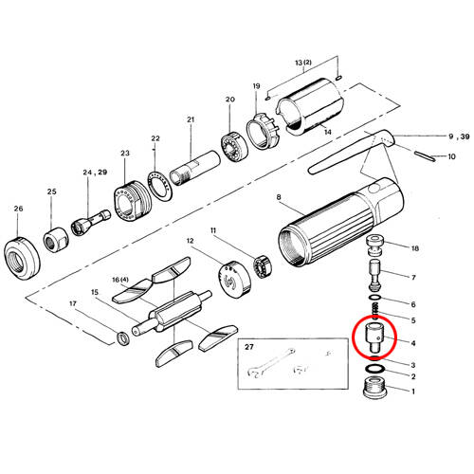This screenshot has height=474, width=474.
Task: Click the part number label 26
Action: pos(18,209)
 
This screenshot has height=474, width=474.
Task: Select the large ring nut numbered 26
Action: pos(22,258)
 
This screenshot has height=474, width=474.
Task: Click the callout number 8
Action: pos(279,197)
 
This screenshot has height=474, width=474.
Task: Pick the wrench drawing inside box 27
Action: pos(271,363)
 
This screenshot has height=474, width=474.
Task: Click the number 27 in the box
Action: pos(249,347)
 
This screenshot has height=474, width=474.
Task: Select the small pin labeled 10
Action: pos(425,156)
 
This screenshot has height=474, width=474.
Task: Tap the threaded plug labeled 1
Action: pos(374,388)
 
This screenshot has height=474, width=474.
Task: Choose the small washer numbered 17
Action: pos(122,338)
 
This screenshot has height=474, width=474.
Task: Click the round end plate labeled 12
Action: pos(234,280)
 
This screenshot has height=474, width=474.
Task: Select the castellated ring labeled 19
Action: pos(263,130)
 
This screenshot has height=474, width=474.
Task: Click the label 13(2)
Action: pos(303,63)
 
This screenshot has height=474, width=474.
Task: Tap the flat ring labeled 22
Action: pos(159,186)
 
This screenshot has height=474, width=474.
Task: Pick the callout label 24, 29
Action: pos(95,173)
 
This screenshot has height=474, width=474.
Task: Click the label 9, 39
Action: pos(459,137)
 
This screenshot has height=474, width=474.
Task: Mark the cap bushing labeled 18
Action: pos(375,246)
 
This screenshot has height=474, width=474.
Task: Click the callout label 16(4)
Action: pos(120,280)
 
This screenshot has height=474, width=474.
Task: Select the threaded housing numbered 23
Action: pos(132,201)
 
